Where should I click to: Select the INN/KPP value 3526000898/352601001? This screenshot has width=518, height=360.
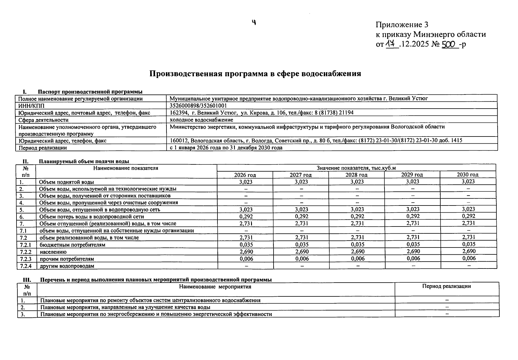click(x=198, y=106)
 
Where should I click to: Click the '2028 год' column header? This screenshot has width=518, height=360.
click(x=356, y=175)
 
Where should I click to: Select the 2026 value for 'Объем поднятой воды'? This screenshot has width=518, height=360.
click(x=246, y=182)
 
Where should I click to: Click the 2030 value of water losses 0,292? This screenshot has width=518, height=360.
click(x=469, y=216)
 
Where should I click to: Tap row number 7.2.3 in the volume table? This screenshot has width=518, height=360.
click(x=26, y=259)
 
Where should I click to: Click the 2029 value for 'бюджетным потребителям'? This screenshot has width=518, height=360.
click(x=413, y=244)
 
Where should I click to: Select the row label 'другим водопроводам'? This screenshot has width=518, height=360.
click(x=67, y=266)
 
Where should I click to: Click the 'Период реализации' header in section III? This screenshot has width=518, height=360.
click(x=446, y=286)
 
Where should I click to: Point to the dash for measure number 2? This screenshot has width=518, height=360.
click(x=447, y=307)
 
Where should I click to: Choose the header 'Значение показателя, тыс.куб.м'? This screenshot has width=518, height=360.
click(x=356, y=168)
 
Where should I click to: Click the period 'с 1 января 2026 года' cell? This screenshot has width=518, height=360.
click(x=226, y=148)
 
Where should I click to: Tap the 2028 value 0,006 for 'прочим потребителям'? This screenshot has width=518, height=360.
click(x=357, y=259)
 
